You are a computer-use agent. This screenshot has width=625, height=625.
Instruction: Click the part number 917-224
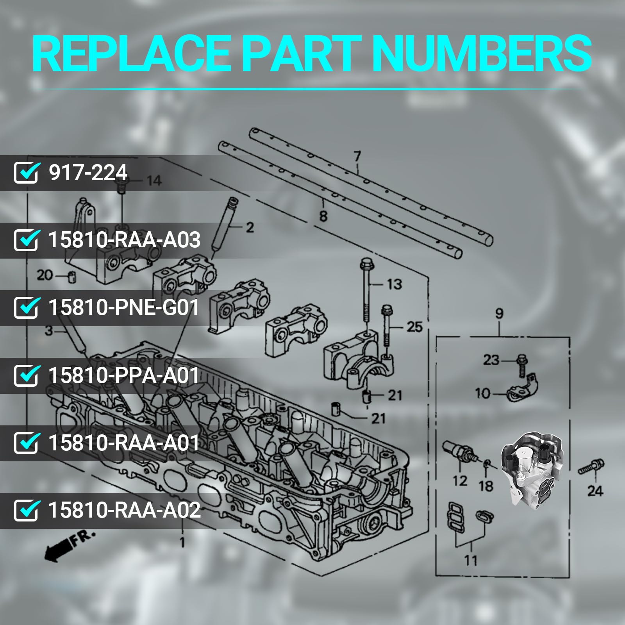[x=88, y=172]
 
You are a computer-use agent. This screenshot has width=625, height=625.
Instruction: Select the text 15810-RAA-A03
[x=124, y=240]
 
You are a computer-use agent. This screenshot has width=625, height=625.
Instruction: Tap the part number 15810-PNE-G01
[x=123, y=307]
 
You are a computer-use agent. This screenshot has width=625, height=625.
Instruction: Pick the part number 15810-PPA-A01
[x=123, y=375]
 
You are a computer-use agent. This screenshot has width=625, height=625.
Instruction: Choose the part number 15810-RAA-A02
[x=124, y=510]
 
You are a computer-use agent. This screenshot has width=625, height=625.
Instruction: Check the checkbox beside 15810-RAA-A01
[x=26, y=443]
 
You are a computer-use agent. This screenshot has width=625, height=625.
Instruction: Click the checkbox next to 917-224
[x=26, y=173]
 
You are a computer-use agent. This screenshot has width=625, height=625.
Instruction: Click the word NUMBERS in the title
[x=481, y=54]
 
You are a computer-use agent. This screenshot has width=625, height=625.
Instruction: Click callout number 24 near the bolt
[x=595, y=491]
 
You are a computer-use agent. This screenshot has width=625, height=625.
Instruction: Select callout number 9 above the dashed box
[x=499, y=314]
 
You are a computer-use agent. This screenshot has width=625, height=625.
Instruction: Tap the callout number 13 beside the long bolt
[x=394, y=284]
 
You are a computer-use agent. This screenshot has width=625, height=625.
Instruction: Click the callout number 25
[x=414, y=327]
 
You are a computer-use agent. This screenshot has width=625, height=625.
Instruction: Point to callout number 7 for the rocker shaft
[x=357, y=157]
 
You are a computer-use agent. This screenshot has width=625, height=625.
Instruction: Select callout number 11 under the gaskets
[x=471, y=561]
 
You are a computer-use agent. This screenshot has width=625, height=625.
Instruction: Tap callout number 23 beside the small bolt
[x=491, y=359]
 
